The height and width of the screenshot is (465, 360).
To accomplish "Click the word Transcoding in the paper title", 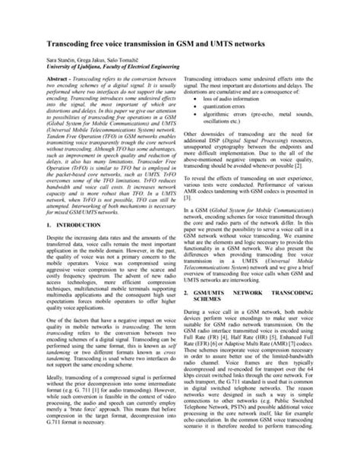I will tap(71, 45).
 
